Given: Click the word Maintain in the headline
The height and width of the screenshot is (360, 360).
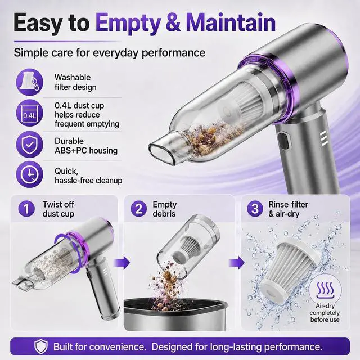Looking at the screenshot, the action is (x=230, y=22).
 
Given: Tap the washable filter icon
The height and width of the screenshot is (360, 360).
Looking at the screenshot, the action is (x=29, y=82).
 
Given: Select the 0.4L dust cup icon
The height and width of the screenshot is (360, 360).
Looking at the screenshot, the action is (x=29, y=112).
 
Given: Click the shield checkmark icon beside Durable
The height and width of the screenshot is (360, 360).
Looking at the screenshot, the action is (x=29, y=145).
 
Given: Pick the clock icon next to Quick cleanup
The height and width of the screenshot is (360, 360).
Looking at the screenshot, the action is (x=29, y=174).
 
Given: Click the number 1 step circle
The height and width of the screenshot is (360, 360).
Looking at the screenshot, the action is (x=27, y=209).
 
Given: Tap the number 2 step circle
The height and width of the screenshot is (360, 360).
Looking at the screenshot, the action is (x=139, y=209).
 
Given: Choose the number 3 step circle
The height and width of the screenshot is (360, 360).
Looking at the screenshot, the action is (x=255, y=209).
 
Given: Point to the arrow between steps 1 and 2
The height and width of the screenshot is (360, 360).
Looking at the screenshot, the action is (x=121, y=263).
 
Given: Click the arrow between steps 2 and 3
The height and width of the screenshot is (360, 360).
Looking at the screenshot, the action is (x=237, y=263).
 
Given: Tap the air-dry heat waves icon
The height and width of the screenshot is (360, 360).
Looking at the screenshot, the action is (x=325, y=290).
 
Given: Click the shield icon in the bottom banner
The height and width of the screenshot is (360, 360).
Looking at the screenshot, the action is (x=41, y=346).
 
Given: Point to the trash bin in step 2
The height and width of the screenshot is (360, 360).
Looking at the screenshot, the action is (x=175, y=314).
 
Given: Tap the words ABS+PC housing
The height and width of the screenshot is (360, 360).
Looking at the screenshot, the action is (x=86, y=151).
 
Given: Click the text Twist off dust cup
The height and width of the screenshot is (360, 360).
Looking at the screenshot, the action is (x=58, y=209).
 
